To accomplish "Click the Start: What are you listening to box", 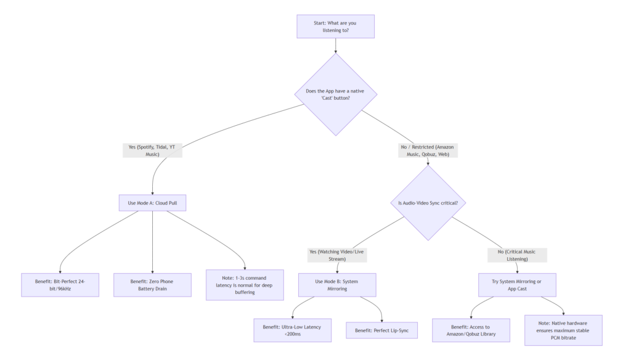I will pyautogui.click(x=335, y=27).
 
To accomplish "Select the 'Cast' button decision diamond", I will pyautogui.click(x=335, y=94).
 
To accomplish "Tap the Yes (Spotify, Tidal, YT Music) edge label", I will pyautogui.click(x=152, y=150).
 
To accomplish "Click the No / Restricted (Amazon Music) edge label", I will pyautogui.click(x=428, y=150).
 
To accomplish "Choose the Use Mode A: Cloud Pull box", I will pyautogui.click(x=152, y=203).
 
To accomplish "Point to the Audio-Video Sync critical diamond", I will pyautogui.click(x=428, y=203).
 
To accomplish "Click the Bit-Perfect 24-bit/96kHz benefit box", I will pyautogui.click(x=60, y=285).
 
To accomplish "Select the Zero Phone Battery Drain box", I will pyautogui.click(x=152, y=285).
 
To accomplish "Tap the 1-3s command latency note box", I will pyautogui.click(x=245, y=285).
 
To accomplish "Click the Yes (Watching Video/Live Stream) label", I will pyautogui.click(x=337, y=255).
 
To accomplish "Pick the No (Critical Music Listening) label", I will pyautogui.click(x=517, y=255).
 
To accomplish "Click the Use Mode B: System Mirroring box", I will pyautogui.click(x=337, y=285).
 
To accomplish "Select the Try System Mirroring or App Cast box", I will pyautogui.click(x=517, y=285).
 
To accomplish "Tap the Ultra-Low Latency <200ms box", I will pyautogui.click(x=292, y=330).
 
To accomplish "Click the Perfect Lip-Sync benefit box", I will pyautogui.click(x=382, y=330).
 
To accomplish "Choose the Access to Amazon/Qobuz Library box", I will pyautogui.click(x=471, y=330).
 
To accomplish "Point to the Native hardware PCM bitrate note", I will pyautogui.click(x=563, y=330).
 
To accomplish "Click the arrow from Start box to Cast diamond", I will pyautogui.click(x=335, y=46).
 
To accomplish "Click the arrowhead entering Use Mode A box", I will pyautogui.click(x=152, y=193).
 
